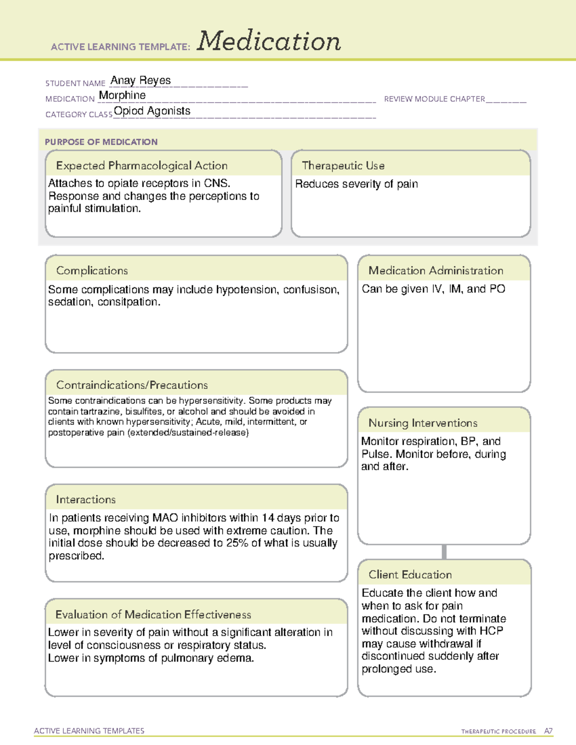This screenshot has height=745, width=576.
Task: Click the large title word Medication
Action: [x=269, y=41]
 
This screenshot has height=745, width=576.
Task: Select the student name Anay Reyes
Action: [x=141, y=81]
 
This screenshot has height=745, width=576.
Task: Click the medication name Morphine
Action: [x=122, y=95]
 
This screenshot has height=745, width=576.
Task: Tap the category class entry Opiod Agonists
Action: [x=152, y=111]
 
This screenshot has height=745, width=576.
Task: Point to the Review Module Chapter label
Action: [x=434, y=99]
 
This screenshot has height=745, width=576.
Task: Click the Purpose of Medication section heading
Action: [x=101, y=142]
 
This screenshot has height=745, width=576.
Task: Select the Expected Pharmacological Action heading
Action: [x=142, y=166]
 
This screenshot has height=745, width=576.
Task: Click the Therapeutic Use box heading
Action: [x=343, y=166]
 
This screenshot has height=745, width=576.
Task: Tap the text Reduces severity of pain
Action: [x=357, y=184]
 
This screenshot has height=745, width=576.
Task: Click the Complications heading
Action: [x=92, y=271]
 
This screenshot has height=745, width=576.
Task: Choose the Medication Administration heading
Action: [x=436, y=271]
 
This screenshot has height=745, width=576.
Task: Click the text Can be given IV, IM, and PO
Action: [x=433, y=289]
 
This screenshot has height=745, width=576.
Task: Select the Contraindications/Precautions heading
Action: [x=132, y=385]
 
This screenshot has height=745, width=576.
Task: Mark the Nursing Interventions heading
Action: [x=423, y=423]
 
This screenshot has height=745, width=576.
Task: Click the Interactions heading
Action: [x=86, y=500]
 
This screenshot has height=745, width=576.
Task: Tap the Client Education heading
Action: [x=410, y=575]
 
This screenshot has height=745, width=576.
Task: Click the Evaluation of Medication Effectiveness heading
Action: [x=153, y=615]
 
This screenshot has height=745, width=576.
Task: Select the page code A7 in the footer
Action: [x=548, y=731]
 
